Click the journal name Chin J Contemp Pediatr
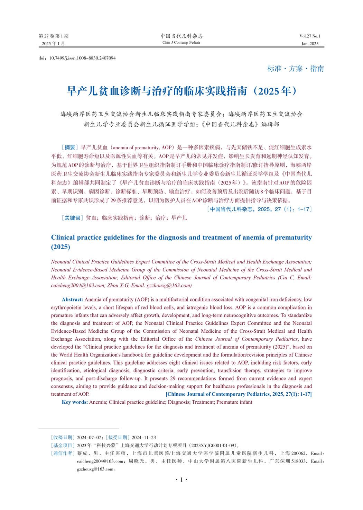[x=181, y=43]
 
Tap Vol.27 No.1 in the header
[x=310, y=36]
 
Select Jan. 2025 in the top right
[x=310, y=44]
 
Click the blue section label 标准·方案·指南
[x=296, y=69]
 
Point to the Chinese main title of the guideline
[x=181, y=91]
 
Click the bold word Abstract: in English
[x=73, y=299]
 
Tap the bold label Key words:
[x=75, y=402]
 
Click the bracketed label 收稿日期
[x=63, y=437]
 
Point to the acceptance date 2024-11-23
[x=144, y=437]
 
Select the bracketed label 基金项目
[x=63, y=445]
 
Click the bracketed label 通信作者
[x=63, y=453]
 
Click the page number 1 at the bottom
[x=181, y=480]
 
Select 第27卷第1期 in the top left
[x=54, y=36]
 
